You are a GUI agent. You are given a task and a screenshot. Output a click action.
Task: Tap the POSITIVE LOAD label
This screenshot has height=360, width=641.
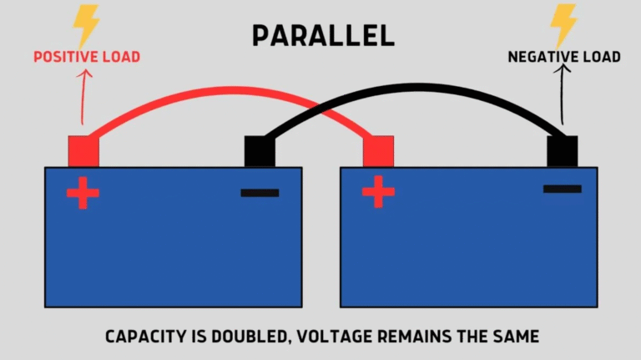[x=87, y=58]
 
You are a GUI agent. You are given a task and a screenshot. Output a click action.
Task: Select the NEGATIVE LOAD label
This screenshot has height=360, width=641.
[x=564, y=58]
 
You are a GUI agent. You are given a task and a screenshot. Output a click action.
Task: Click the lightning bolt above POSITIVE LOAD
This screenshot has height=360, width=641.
[x=86, y=24]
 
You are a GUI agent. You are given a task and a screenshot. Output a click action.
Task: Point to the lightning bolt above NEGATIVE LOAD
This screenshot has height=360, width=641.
[x=565, y=24]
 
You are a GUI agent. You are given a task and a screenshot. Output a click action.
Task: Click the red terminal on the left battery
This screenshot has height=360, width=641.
[x=83, y=151]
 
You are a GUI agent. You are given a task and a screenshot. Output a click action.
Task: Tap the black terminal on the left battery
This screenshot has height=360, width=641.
[x=260, y=151]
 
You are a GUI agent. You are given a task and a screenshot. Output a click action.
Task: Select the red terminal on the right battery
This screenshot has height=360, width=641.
[x=378, y=151]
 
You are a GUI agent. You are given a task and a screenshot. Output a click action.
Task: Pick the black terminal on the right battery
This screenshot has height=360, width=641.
[x=562, y=151]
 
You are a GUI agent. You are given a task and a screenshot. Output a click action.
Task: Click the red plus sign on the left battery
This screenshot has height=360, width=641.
[x=83, y=193]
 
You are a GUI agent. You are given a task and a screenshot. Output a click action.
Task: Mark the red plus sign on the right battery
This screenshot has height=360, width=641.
[x=378, y=192]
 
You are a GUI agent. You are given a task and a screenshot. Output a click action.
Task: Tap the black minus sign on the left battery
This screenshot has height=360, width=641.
[x=260, y=193]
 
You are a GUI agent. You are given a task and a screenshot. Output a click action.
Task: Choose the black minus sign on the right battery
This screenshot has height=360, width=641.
[x=562, y=189]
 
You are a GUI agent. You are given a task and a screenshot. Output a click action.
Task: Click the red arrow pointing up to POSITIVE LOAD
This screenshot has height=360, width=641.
[x=83, y=96]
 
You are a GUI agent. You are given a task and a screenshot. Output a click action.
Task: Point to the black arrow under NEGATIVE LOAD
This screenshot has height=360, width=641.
[x=563, y=96]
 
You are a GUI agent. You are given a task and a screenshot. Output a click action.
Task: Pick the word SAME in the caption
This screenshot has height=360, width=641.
[x=517, y=337]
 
